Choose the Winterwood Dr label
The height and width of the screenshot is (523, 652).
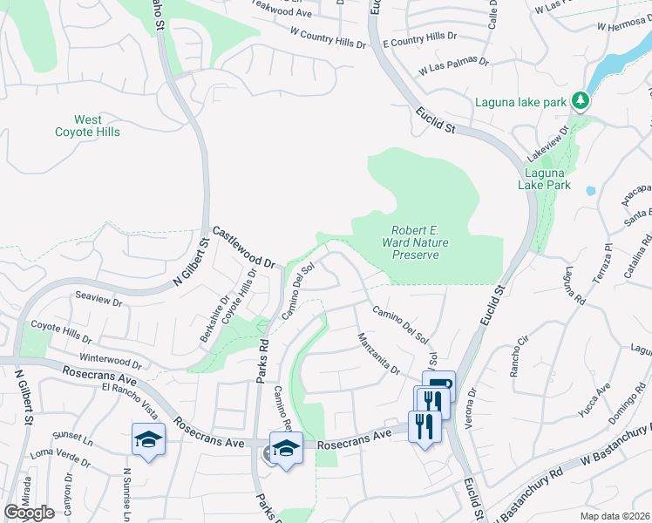[x=110, y=361]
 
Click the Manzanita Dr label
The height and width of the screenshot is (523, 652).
[x=377, y=353]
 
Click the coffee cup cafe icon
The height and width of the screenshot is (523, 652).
[x=439, y=385]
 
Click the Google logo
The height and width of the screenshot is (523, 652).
[x=28, y=513]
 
